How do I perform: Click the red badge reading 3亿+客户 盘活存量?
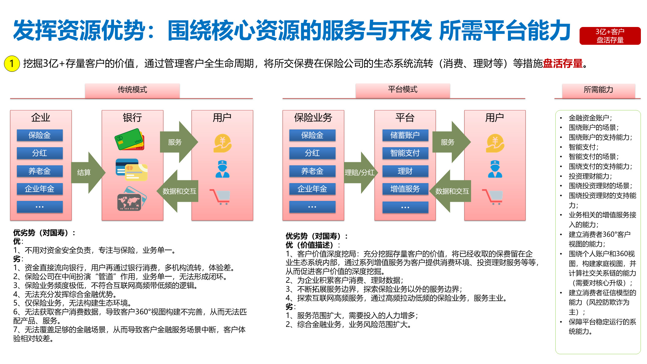coord(610,36)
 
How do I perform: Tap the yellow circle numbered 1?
coord(12,63)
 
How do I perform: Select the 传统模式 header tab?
coord(132,90)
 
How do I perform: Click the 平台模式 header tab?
coord(402,90)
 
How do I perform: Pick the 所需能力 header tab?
coord(598,90)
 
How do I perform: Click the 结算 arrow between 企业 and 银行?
coord(87,172)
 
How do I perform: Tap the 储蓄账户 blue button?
coord(405,135)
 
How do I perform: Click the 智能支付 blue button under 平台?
coord(405,153)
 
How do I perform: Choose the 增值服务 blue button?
coord(405,189)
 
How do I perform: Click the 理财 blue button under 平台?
coord(405,171)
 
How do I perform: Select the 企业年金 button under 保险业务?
coord(312,189)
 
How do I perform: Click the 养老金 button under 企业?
coord(40,171)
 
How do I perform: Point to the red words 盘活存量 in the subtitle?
coord(563,63)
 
